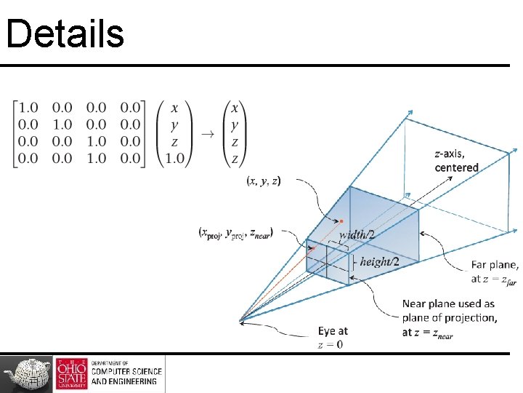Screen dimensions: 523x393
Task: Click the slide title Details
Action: pyautogui.click(x=65, y=33)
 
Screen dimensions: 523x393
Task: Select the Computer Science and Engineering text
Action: pyautogui.click(x=126, y=373)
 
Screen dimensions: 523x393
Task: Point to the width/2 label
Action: pyautogui.click(x=357, y=234)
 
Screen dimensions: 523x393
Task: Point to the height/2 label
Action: pyautogui.click(x=379, y=261)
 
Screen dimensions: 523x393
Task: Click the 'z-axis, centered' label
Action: pyautogui.click(x=456, y=161)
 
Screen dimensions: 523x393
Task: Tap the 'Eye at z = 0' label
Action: pyautogui.click(x=333, y=338)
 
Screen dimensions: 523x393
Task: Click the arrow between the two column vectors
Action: pyautogui.click(x=207, y=134)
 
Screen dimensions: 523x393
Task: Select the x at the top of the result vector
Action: pyautogui.click(x=235, y=108)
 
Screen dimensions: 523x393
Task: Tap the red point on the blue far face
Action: pyautogui.click(x=341, y=221)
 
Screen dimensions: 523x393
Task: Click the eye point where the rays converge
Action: pyautogui.click(x=240, y=319)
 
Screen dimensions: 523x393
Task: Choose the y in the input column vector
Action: pyautogui.click(x=174, y=125)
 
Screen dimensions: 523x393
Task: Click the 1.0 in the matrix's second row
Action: pyautogui.click(x=62, y=125)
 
